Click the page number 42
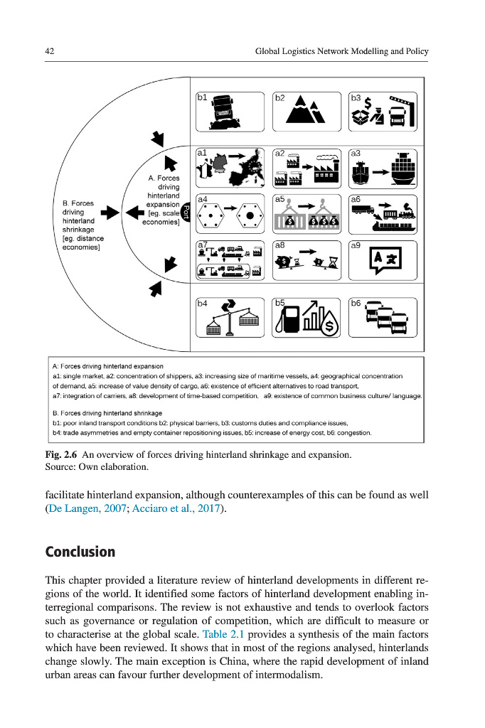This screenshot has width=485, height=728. point(50,51)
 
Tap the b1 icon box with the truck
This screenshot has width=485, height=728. point(228,112)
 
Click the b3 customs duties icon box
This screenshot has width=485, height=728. point(383,112)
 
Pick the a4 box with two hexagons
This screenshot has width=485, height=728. point(228,213)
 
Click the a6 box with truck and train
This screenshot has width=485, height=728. point(383,213)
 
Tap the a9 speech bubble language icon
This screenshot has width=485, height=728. point(383,259)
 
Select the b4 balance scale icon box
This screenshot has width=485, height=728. point(228,317)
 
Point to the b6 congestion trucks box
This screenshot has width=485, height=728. point(383,317)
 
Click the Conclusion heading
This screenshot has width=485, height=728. point(80,552)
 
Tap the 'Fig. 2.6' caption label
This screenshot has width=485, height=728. point(60,454)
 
